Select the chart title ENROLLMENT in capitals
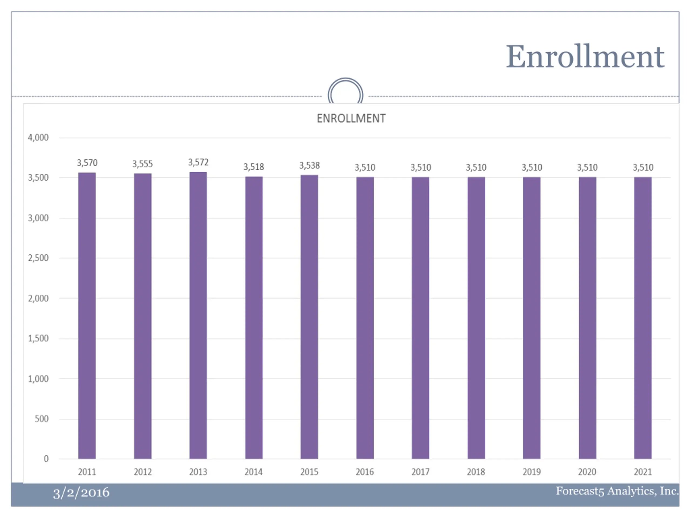click(x=351, y=119)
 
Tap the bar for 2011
click(x=87, y=315)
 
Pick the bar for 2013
click(x=198, y=315)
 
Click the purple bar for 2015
click(x=309, y=317)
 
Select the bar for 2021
click(x=643, y=318)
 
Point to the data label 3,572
click(x=198, y=162)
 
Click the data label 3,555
click(x=143, y=164)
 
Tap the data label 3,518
click(x=254, y=167)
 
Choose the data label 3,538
click(x=309, y=165)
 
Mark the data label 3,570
click(x=87, y=163)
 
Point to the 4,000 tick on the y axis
click(x=38, y=138)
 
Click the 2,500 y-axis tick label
click(x=38, y=258)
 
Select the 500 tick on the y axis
click(x=42, y=419)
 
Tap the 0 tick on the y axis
click(x=46, y=459)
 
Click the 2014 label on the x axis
click(x=253, y=472)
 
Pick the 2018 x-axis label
click(x=476, y=472)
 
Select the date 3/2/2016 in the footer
click(x=81, y=493)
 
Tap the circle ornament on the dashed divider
click(x=345, y=93)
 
